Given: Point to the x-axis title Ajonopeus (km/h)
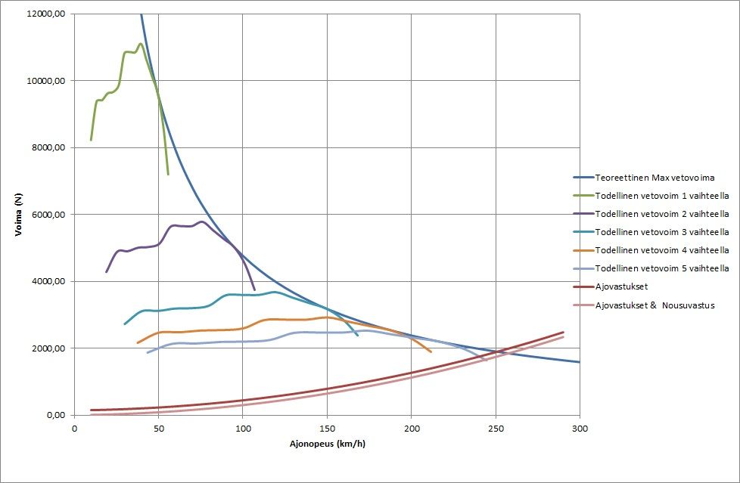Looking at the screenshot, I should (x=327, y=443).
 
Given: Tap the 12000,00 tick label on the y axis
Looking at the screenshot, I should (x=45, y=14).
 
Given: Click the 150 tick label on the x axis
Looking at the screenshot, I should (x=327, y=428).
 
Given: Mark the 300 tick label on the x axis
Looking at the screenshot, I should (x=579, y=428).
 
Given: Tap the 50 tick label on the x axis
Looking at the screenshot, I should (x=159, y=428).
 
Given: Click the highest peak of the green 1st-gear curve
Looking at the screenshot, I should (x=140, y=44).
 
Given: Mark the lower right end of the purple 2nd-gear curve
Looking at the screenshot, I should (x=254, y=289).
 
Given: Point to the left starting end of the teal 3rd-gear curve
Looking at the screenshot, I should (x=125, y=324).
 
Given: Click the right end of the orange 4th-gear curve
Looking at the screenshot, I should (x=431, y=351).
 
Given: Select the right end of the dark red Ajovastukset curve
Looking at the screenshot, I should (x=563, y=332).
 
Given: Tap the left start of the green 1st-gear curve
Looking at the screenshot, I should (x=91, y=140).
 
